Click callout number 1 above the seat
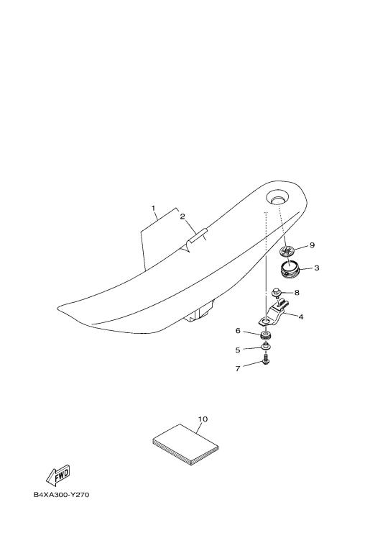[153, 209]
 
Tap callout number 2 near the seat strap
[182, 217]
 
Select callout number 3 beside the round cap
[316, 268]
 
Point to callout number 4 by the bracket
[300, 317]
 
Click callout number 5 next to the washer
[238, 350]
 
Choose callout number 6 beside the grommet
[238, 331]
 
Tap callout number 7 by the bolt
[238, 368]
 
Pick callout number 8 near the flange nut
[297, 292]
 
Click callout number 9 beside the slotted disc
[312, 245]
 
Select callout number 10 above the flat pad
[203, 419]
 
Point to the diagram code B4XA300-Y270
[62, 495]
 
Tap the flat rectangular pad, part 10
[185, 445]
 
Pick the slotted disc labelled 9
[287, 251]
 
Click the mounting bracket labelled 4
[272, 313]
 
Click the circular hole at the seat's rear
[277, 197]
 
